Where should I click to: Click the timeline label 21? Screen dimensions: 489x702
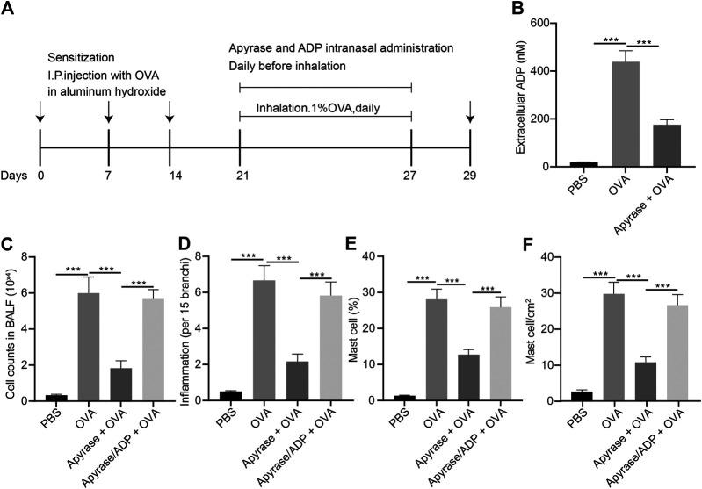coord(240,174)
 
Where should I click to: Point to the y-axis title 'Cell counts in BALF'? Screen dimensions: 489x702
coord(12,328)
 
